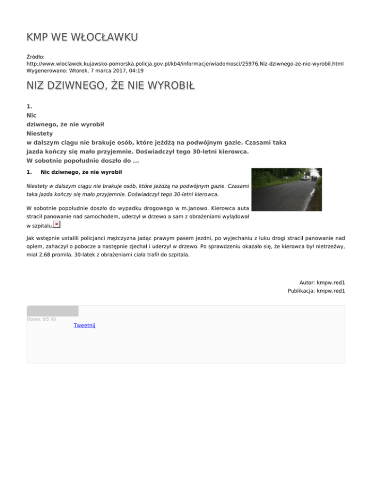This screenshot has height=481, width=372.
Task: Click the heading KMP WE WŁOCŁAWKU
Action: (x=82, y=37)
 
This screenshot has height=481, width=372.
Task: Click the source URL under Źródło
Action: (x=185, y=63)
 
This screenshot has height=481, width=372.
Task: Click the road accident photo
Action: (x=286, y=189)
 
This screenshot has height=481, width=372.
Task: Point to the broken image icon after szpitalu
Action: (x=57, y=225)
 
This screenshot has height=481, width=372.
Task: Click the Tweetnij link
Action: (x=84, y=326)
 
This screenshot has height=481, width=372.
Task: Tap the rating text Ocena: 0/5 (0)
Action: (x=41, y=319)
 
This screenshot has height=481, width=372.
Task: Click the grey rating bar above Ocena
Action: (x=52, y=311)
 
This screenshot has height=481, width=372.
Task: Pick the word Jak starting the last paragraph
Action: (x=31, y=238)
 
